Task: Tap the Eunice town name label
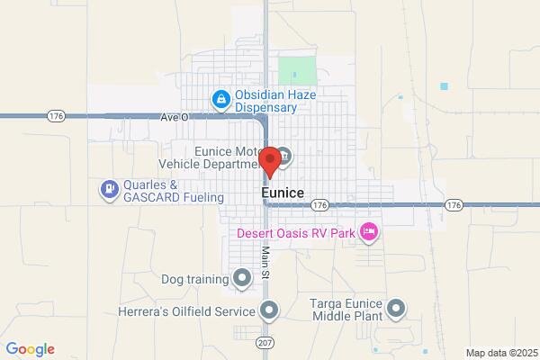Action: click(282, 193)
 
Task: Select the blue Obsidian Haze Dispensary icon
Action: click(220, 99)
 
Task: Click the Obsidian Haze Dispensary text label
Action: click(266, 101)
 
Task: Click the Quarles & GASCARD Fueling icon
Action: click(109, 188)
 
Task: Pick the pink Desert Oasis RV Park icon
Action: click(368, 232)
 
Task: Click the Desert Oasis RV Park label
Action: click(295, 232)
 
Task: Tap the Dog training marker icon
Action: click(241, 278)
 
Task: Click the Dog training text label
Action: click(195, 279)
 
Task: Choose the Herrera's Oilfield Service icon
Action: click(268, 311)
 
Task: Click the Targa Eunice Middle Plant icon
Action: click(397, 311)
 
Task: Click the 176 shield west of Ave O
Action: click(55, 115)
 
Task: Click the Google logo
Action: click(30, 349)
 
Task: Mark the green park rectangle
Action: click(298, 71)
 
